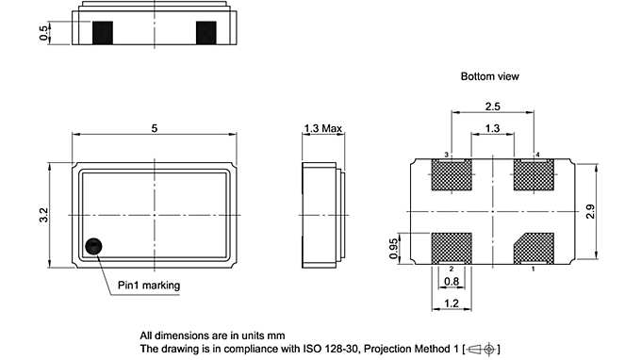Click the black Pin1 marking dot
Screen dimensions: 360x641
coord(93,246)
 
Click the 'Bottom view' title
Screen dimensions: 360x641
coord(489,75)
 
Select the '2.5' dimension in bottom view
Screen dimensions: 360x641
coord(491,106)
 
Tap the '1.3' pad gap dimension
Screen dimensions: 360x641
coord(491,128)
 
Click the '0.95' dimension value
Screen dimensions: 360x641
coord(395,248)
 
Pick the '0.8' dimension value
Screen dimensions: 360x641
coord(452,281)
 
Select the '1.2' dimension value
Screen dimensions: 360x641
coord(452,304)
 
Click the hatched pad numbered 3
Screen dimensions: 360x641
coord(450,175)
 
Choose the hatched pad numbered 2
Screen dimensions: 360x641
coord(450,249)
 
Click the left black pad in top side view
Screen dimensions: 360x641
coord(104,33)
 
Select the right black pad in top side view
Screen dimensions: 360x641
coord(206,33)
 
